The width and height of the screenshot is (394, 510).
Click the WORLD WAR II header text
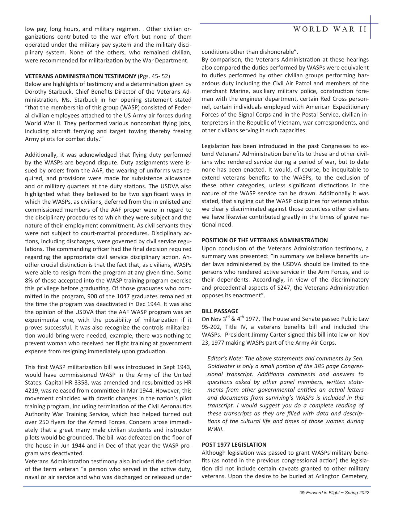coord(330,29)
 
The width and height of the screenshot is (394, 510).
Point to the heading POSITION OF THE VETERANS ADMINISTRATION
coord(265,240)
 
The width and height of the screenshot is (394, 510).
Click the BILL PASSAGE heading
coord(220,311)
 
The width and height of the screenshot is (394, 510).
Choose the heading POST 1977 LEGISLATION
coord(234,445)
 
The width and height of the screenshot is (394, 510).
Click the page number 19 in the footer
coord(302,493)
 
